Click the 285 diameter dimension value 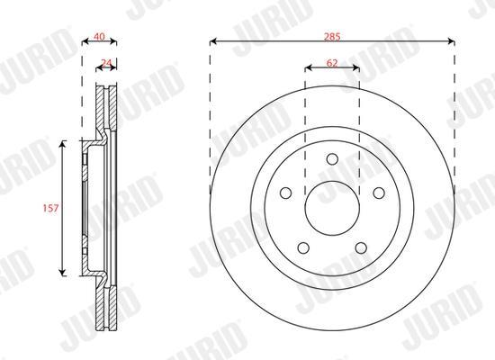tap(332, 37)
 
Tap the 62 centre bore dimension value tap(332, 63)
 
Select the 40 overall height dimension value tap(99, 36)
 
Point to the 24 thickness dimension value tap(106, 62)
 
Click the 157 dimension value tap(50, 208)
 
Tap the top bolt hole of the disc tap(332, 158)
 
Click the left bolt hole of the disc tap(285, 193)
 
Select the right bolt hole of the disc tap(379, 193)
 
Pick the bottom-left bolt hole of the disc tap(303, 247)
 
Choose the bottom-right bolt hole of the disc tap(361, 247)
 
